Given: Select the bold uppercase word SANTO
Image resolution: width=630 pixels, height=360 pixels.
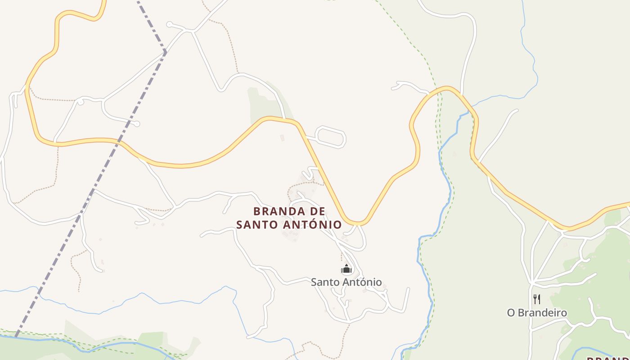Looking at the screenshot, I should click(x=257, y=224).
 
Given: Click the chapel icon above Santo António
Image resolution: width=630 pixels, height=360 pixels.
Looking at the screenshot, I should click(x=346, y=270).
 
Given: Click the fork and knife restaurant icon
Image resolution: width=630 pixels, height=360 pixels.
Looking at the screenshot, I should click(x=536, y=299).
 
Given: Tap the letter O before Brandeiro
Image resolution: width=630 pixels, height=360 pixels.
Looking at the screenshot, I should click(x=511, y=312).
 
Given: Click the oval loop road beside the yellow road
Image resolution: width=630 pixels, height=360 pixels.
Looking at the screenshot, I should click(x=331, y=137).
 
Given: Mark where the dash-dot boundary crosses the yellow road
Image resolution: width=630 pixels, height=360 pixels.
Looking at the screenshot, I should click(x=119, y=141).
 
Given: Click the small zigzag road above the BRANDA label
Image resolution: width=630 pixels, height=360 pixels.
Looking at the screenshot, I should click(x=310, y=172).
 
